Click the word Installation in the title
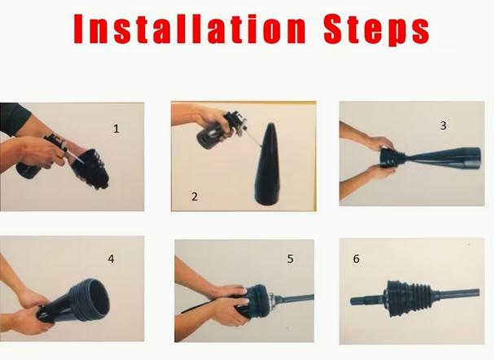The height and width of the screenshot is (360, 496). pos(190,29)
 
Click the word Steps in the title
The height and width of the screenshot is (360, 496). pos(376,30)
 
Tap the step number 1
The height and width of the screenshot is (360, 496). pos(116,129)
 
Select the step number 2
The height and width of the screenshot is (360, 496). pos(195,196)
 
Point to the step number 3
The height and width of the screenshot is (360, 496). pos(443,125)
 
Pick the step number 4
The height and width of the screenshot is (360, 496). pos(111,259)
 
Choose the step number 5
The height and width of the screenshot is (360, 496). pos(291,259)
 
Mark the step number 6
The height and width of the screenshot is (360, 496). pos(356,259)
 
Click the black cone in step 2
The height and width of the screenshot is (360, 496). pos(268,165)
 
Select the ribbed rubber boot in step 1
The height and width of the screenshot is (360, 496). pos(90,169)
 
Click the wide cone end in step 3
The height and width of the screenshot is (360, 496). pos(472,157)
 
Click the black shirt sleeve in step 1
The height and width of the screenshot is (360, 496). pos(13,118)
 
